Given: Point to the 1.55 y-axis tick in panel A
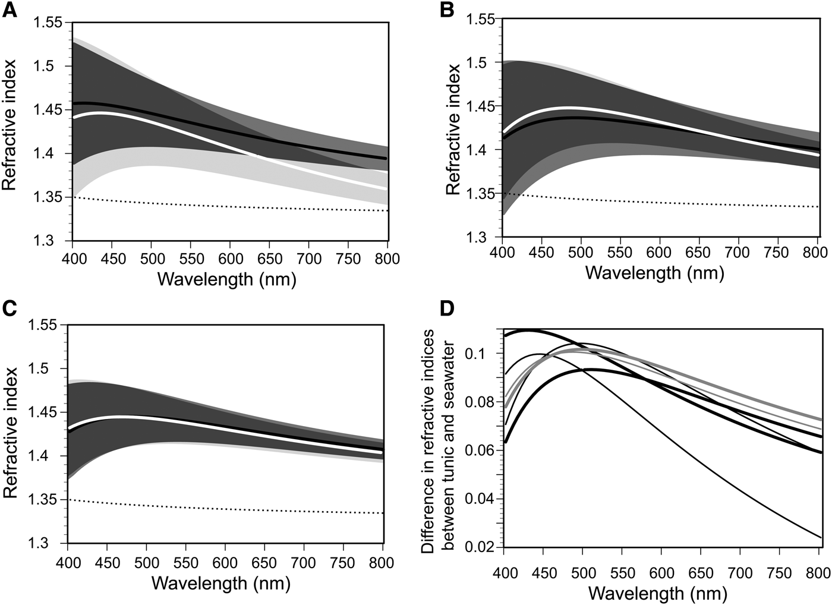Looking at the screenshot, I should coord(48,23).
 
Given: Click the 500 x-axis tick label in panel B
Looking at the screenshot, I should coord(581,253).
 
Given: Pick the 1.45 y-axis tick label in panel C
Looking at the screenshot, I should coord(43,412).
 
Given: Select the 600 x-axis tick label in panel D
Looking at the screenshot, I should coord(661,573).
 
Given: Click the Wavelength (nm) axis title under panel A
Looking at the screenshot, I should coord(226,279).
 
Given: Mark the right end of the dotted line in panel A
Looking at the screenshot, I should coord(387,210).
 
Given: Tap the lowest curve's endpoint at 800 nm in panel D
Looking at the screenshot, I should coord(821,538).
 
